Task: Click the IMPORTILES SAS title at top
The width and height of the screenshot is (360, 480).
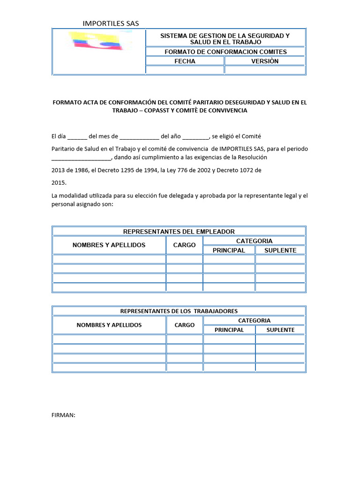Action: click(111, 23)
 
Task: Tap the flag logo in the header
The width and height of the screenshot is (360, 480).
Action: click(98, 41)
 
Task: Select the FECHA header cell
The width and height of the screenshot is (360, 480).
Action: click(185, 61)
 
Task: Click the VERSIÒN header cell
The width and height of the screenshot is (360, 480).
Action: click(264, 61)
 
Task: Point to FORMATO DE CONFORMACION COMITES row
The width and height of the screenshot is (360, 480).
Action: click(225, 52)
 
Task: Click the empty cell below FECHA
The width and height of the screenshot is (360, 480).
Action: click(185, 70)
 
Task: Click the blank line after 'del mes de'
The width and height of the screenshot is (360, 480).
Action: click(139, 137)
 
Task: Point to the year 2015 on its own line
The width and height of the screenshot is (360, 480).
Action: click(59, 182)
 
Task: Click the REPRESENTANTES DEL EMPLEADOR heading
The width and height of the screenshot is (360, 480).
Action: click(179, 232)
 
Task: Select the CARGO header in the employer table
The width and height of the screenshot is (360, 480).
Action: click(184, 245)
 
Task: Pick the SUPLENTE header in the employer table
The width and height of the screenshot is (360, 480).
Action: click(280, 250)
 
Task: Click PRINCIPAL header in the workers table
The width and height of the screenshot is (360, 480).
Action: click(229, 330)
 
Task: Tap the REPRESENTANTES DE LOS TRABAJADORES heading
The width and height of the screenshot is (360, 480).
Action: click(179, 311)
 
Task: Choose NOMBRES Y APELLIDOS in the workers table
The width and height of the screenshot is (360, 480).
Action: click(109, 325)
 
